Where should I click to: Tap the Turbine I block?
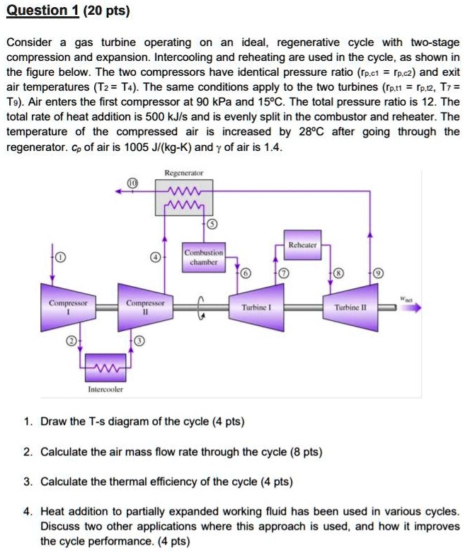(x=253, y=307)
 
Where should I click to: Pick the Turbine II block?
(x=352, y=307)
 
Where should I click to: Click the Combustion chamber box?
(x=203, y=256)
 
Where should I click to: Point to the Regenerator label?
(x=183, y=172)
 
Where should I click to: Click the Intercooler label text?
(x=105, y=389)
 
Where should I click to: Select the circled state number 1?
(x=60, y=257)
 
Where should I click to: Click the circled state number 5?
(x=212, y=225)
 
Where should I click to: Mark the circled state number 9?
(x=379, y=274)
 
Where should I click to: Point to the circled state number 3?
(x=139, y=341)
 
